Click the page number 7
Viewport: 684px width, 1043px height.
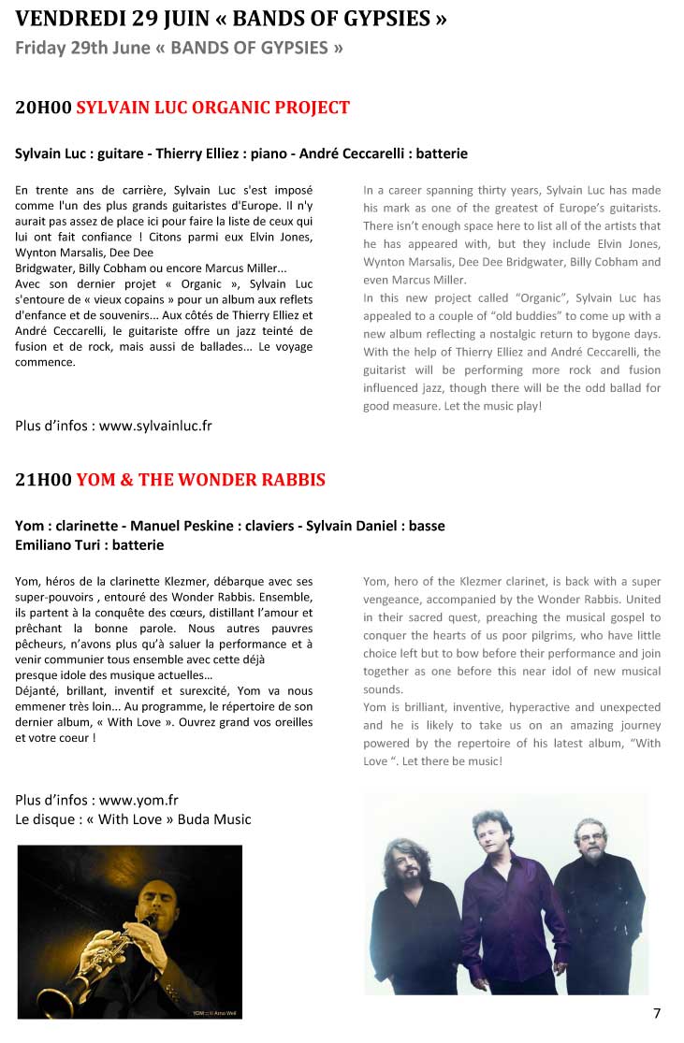(x=657, y=1013)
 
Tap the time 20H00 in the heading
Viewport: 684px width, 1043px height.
(x=43, y=108)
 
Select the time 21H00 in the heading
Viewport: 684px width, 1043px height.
(x=43, y=480)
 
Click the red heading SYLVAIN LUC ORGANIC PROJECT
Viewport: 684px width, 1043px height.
(x=212, y=108)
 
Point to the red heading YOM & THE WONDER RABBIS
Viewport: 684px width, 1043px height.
(x=200, y=480)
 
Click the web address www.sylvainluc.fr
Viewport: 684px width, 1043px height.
(x=155, y=426)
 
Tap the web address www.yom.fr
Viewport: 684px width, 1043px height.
(x=138, y=800)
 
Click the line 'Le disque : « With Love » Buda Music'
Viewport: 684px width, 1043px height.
(x=133, y=818)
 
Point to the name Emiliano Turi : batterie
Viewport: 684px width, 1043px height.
(x=90, y=544)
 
